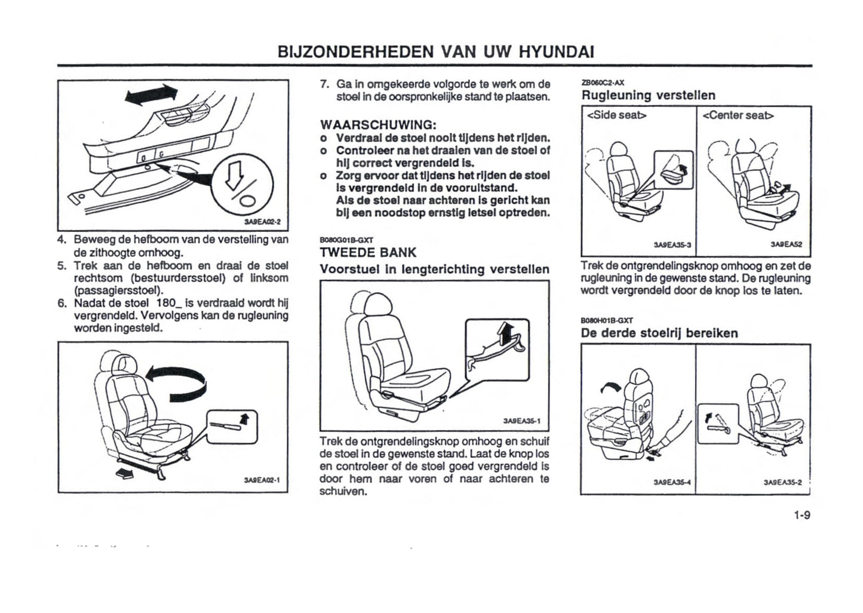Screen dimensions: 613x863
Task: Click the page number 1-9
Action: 801,514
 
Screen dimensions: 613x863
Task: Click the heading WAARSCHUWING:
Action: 379,125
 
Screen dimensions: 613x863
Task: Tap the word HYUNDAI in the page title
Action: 556,51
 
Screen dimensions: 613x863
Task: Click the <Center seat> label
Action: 738,115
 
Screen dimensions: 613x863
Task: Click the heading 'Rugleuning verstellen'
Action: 648,95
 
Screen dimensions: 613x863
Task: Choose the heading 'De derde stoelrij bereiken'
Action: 659,333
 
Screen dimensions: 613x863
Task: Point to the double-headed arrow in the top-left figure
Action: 152,96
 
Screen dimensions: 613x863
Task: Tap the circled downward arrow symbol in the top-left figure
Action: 245,179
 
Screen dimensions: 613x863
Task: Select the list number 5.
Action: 62,265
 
